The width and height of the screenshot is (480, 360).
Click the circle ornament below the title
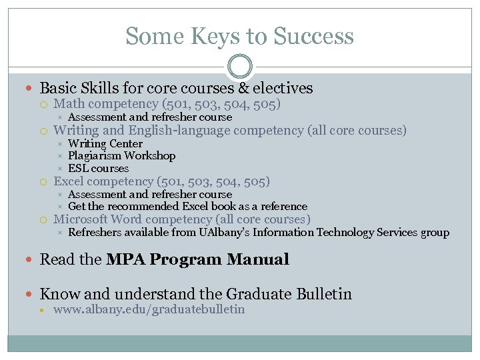click(x=240, y=67)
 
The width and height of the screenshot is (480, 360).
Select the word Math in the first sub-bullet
click(x=69, y=104)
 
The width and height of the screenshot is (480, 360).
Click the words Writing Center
click(x=105, y=143)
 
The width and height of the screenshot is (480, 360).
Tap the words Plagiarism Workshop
click(x=122, y=156)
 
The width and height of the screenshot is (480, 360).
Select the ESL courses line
click(x=98, y=169)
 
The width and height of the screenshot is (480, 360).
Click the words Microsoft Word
click(x=97, y=219)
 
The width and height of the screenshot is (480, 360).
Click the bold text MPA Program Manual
click(x=197, y=259)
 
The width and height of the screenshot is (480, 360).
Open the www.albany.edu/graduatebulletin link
click(x=149, y=309)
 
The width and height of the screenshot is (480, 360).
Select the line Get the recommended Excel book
click(x=187, y=207)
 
